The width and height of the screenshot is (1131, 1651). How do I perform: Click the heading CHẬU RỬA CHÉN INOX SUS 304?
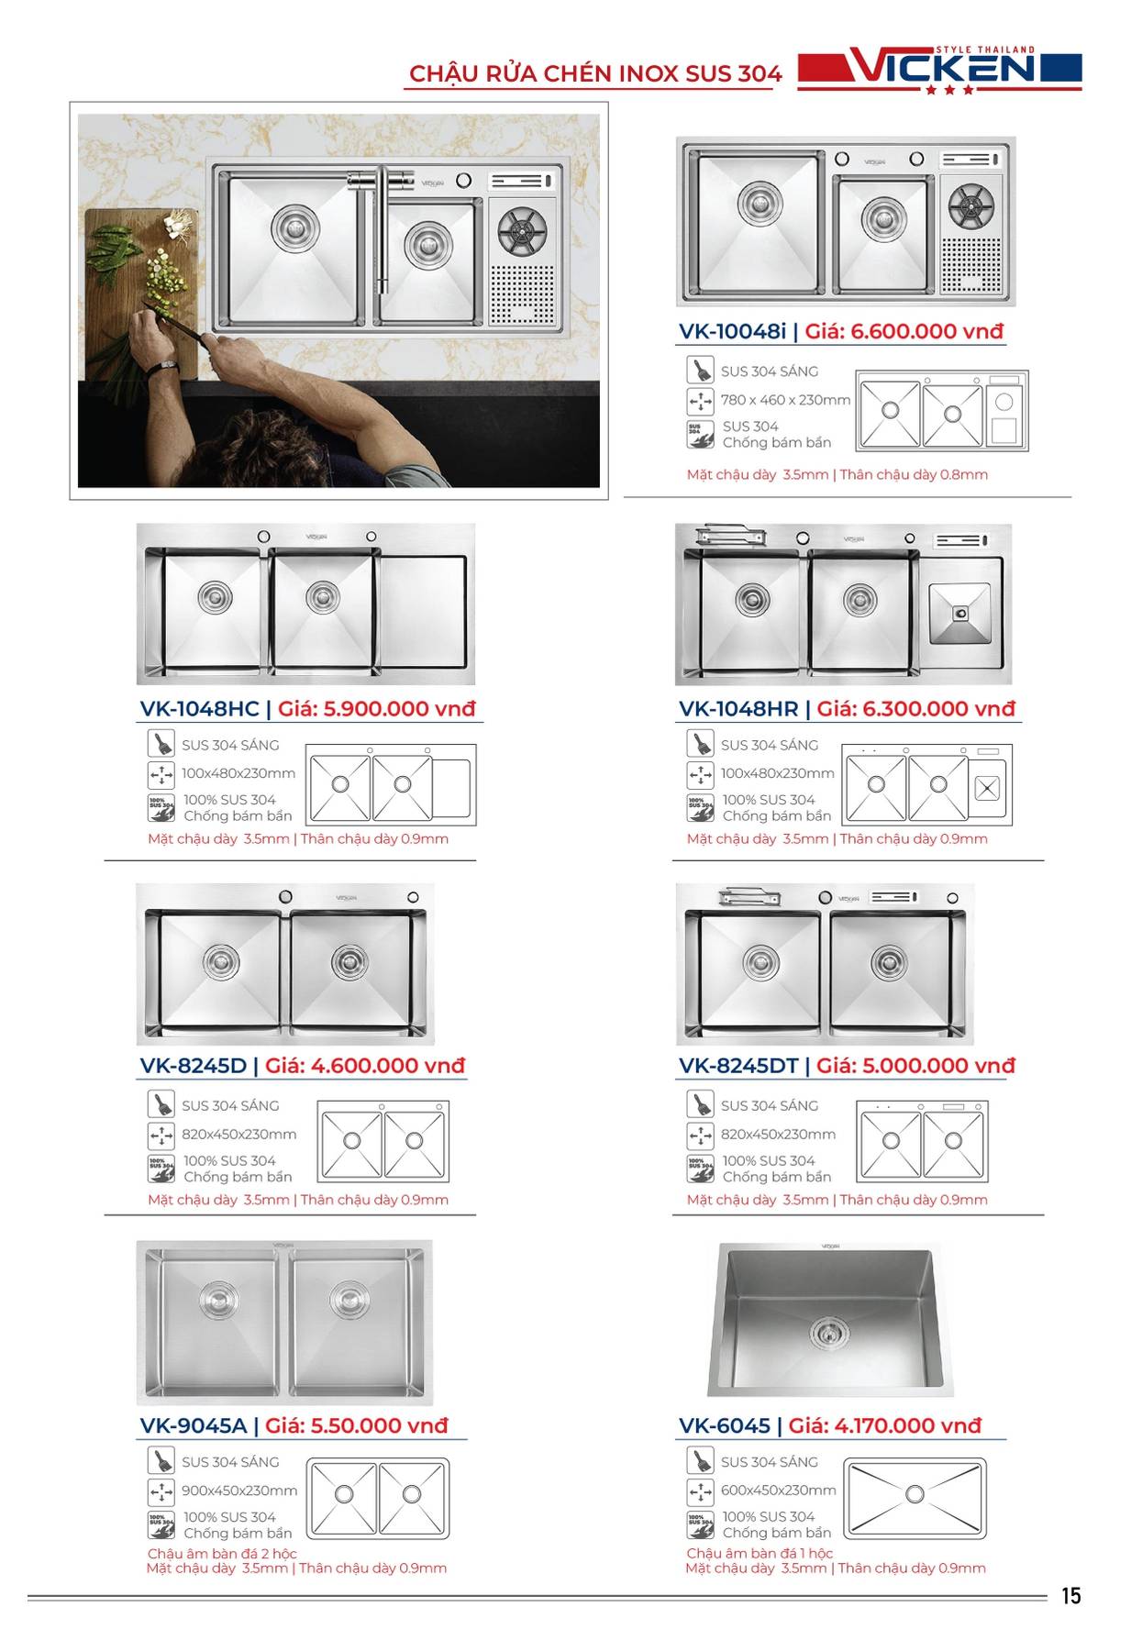click(x=595, y=74)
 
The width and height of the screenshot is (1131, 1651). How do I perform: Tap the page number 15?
click(x=1070, y=1597)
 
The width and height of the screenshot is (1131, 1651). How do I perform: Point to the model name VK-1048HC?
click(x=200, y=709)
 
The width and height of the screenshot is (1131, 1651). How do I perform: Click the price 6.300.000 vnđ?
click(x=915, y=709)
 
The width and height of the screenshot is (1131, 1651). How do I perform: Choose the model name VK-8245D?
click(x=194, y=1066)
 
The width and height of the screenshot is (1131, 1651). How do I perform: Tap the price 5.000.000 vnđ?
click(x=915, y=1066)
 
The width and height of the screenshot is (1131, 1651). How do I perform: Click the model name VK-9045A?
click(x=194, y=1426)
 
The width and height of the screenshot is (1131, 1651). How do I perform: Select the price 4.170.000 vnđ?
click(x=884, y=1426)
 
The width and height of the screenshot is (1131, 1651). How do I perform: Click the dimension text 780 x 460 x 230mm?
click(x=785, y=400)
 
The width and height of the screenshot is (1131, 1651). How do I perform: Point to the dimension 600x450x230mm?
click(x=778, y=1490)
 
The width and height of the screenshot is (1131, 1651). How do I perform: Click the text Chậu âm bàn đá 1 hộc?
click(x=760, y=1554)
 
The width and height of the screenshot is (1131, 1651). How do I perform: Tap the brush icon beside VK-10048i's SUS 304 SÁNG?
click(x=701, y=370)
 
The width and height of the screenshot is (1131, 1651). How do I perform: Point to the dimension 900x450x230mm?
click(x=239, y=1490)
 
